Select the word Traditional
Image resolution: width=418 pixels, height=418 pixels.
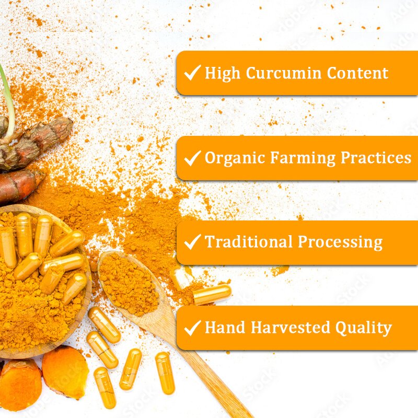point(248,242)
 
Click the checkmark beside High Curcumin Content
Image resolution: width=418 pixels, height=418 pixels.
point(193,73)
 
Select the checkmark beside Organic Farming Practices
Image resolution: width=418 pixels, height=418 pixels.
point(193,158)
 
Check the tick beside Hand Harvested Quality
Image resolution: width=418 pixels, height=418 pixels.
point(193,328)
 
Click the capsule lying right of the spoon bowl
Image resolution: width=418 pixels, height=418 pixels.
point(212,294)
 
